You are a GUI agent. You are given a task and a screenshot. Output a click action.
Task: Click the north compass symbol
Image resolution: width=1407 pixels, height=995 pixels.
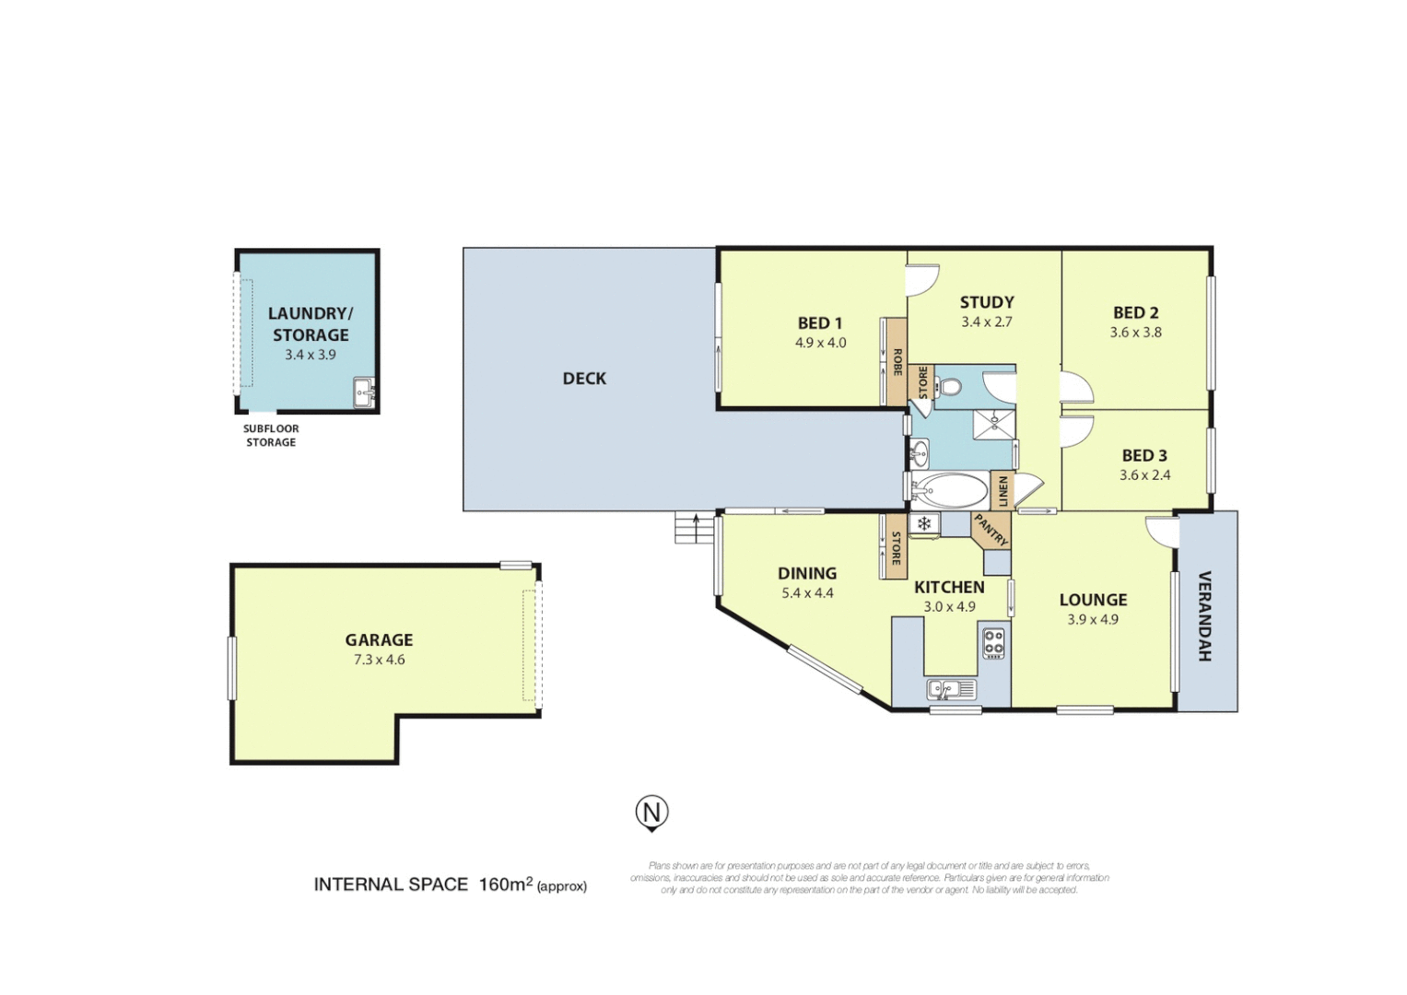point(651,813)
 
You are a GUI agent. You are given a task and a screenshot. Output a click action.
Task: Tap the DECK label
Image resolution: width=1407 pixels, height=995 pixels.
point(584,379)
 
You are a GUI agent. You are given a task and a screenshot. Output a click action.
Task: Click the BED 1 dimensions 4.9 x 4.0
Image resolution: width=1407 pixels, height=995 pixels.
point(820,343)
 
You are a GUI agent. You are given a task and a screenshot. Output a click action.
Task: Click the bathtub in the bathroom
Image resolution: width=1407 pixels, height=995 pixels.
point(949,490)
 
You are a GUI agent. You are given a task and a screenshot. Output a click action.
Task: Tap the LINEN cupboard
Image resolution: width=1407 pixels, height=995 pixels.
point(1002,490)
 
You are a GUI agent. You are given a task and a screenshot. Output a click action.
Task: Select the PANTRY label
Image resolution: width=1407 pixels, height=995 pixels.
point(991,530)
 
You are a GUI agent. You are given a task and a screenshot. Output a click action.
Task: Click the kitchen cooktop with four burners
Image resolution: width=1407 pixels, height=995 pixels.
point(993,642)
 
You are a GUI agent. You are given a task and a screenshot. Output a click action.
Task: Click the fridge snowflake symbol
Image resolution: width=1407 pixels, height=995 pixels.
point(923,524)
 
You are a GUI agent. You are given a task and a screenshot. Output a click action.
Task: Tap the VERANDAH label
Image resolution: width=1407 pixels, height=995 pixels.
point(1203,615)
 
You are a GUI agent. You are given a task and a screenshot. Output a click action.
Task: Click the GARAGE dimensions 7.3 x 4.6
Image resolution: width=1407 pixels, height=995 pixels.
point(379,660)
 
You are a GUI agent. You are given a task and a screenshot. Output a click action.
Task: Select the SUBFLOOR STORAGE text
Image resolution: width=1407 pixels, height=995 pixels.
point(271,435)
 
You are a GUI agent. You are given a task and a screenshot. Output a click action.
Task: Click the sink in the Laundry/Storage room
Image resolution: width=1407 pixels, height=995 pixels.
point(364,392)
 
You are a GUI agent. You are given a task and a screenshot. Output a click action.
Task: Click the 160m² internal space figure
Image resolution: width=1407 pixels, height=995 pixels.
point(506,884)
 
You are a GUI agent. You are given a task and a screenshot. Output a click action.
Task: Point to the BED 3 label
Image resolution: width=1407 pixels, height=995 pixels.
point(1144,455)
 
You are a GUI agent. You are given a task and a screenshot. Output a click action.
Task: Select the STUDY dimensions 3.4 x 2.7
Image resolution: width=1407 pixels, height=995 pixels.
point(986,322)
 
